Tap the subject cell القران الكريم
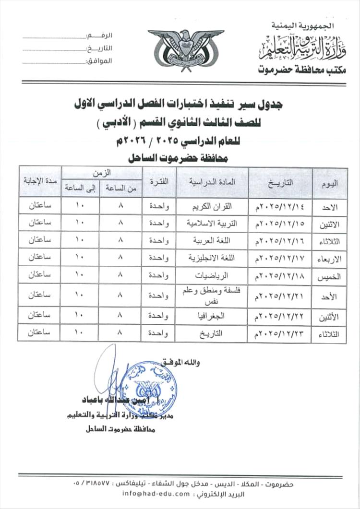[212, 205]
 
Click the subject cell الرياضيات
[212, 275]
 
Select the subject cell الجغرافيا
[212, 316]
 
